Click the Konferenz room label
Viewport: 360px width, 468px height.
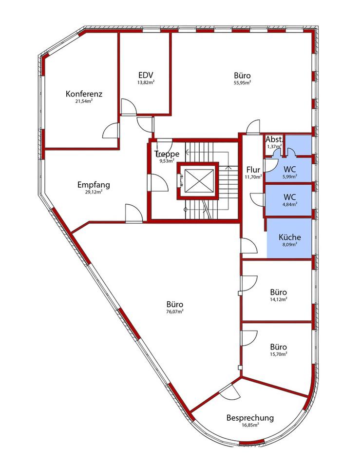[x=84, y=94]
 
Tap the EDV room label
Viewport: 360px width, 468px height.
[x=146, y=75]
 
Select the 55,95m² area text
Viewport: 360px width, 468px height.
[x=242, y=83]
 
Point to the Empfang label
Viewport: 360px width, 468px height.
[x=94, y=185]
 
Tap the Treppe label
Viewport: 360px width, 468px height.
[x=167, y=154]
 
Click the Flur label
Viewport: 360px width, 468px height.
[x=253, y=170]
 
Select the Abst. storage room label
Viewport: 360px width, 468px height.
[x=274, y=139]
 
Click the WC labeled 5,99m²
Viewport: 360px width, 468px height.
[x=290, y=169]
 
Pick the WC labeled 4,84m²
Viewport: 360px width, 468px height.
[x=290, y=197]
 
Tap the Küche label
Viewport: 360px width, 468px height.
[x=290, y=237]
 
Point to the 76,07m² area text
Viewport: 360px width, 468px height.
[x=175, y=312]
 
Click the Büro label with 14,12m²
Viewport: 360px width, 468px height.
[x=279, y=292]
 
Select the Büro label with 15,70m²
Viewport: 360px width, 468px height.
[x=279, y=347]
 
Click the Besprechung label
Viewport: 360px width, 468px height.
[x=250, y=418]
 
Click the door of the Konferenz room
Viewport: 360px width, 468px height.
[x=111, y=131]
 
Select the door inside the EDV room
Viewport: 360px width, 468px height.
[x=129, y=106]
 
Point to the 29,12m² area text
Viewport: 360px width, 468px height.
[x=94, y=192]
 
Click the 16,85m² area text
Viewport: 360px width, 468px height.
[x=250, y=425]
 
